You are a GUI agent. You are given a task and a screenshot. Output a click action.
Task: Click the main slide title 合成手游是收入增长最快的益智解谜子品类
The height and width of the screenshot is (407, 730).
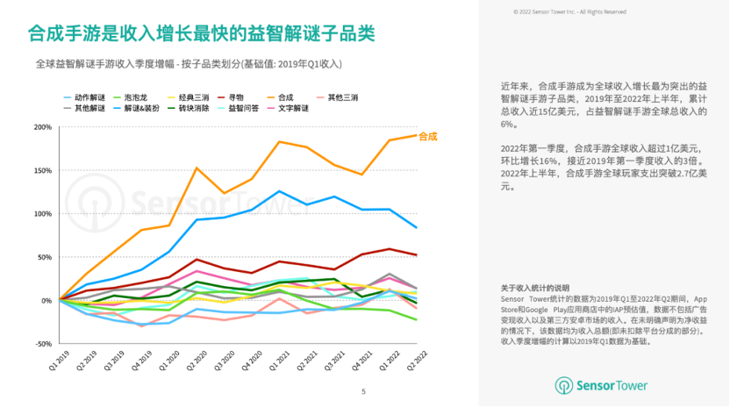tap(201, 33)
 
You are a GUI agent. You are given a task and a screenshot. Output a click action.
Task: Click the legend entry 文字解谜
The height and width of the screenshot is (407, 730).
tap(293, 108)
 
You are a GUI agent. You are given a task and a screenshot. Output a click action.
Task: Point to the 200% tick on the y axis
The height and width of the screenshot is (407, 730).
tap(41, 127)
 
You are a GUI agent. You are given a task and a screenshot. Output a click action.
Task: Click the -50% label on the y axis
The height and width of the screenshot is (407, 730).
tap(41, 344)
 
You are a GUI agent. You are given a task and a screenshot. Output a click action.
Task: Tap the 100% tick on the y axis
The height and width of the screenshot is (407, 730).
tap(41, 214)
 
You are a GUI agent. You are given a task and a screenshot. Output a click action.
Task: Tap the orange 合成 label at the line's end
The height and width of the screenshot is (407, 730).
tap(428, 136)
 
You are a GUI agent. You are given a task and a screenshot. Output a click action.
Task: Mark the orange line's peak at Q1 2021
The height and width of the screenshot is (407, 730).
tap(279, 141)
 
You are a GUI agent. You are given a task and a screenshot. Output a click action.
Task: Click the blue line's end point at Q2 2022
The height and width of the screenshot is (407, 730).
tap(416, 227)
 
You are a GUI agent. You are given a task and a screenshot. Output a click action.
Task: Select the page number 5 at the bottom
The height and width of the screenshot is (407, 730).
tap(364, 392)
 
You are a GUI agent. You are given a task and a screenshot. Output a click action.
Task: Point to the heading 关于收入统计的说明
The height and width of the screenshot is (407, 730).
tap(535, 288)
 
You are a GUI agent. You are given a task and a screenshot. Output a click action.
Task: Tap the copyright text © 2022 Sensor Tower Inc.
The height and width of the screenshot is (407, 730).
tap(569, 11)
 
